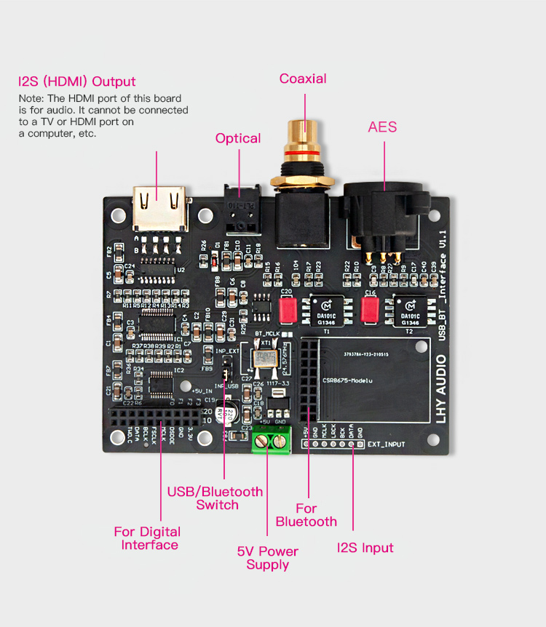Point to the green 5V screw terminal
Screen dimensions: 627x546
tap(271, 438)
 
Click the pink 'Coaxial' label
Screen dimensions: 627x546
tap(303, 79)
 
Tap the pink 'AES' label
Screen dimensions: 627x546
tap(382, 127)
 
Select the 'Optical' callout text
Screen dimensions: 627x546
tap(238, 138)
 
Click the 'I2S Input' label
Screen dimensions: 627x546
tap(365, 548)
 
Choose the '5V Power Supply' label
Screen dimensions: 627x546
tap(268, 558)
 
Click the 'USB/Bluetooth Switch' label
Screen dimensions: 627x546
tap(215, 498)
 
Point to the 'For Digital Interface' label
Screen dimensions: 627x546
tap(147, 538)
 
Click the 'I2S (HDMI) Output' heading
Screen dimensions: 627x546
tap(77, 81)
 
